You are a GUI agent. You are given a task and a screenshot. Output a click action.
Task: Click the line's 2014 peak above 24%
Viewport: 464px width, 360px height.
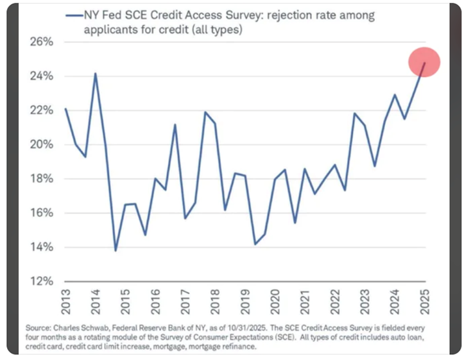click(96, 73)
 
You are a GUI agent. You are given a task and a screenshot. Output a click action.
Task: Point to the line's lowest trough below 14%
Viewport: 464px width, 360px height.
click(116, 250)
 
